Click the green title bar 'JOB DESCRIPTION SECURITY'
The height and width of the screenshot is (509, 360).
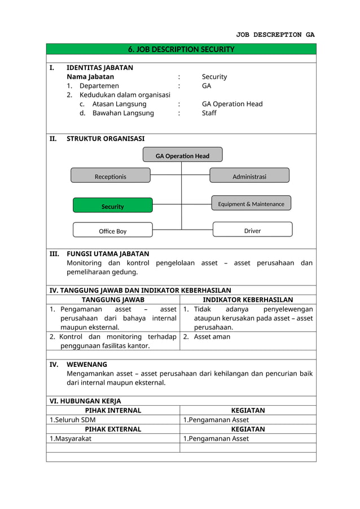tap(181, 49)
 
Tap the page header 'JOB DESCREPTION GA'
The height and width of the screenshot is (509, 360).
tap(275, 34)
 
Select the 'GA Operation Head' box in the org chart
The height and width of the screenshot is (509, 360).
tap(182, 155)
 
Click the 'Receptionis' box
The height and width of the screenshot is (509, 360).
tap(111, 176)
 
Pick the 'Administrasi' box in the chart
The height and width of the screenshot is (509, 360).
tap(249, 176)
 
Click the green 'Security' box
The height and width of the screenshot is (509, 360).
tap(112, 206)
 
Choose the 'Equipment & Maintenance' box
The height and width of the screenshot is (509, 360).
tap(251, 204)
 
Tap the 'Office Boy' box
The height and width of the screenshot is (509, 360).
tap(112, 231)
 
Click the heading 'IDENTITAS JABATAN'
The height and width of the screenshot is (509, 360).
tap(100, 68)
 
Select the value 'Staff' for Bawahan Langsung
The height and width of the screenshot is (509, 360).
tap(209, 113)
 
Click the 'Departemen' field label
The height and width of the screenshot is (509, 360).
tap(99, 86)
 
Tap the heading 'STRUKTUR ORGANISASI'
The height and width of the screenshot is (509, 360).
tap(106, 138)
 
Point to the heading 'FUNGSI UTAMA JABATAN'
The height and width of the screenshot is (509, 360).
tap(108, 254)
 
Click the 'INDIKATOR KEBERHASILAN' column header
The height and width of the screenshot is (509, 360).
tap(248, 300)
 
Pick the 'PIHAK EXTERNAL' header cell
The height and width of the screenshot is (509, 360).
tap(113, 429)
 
